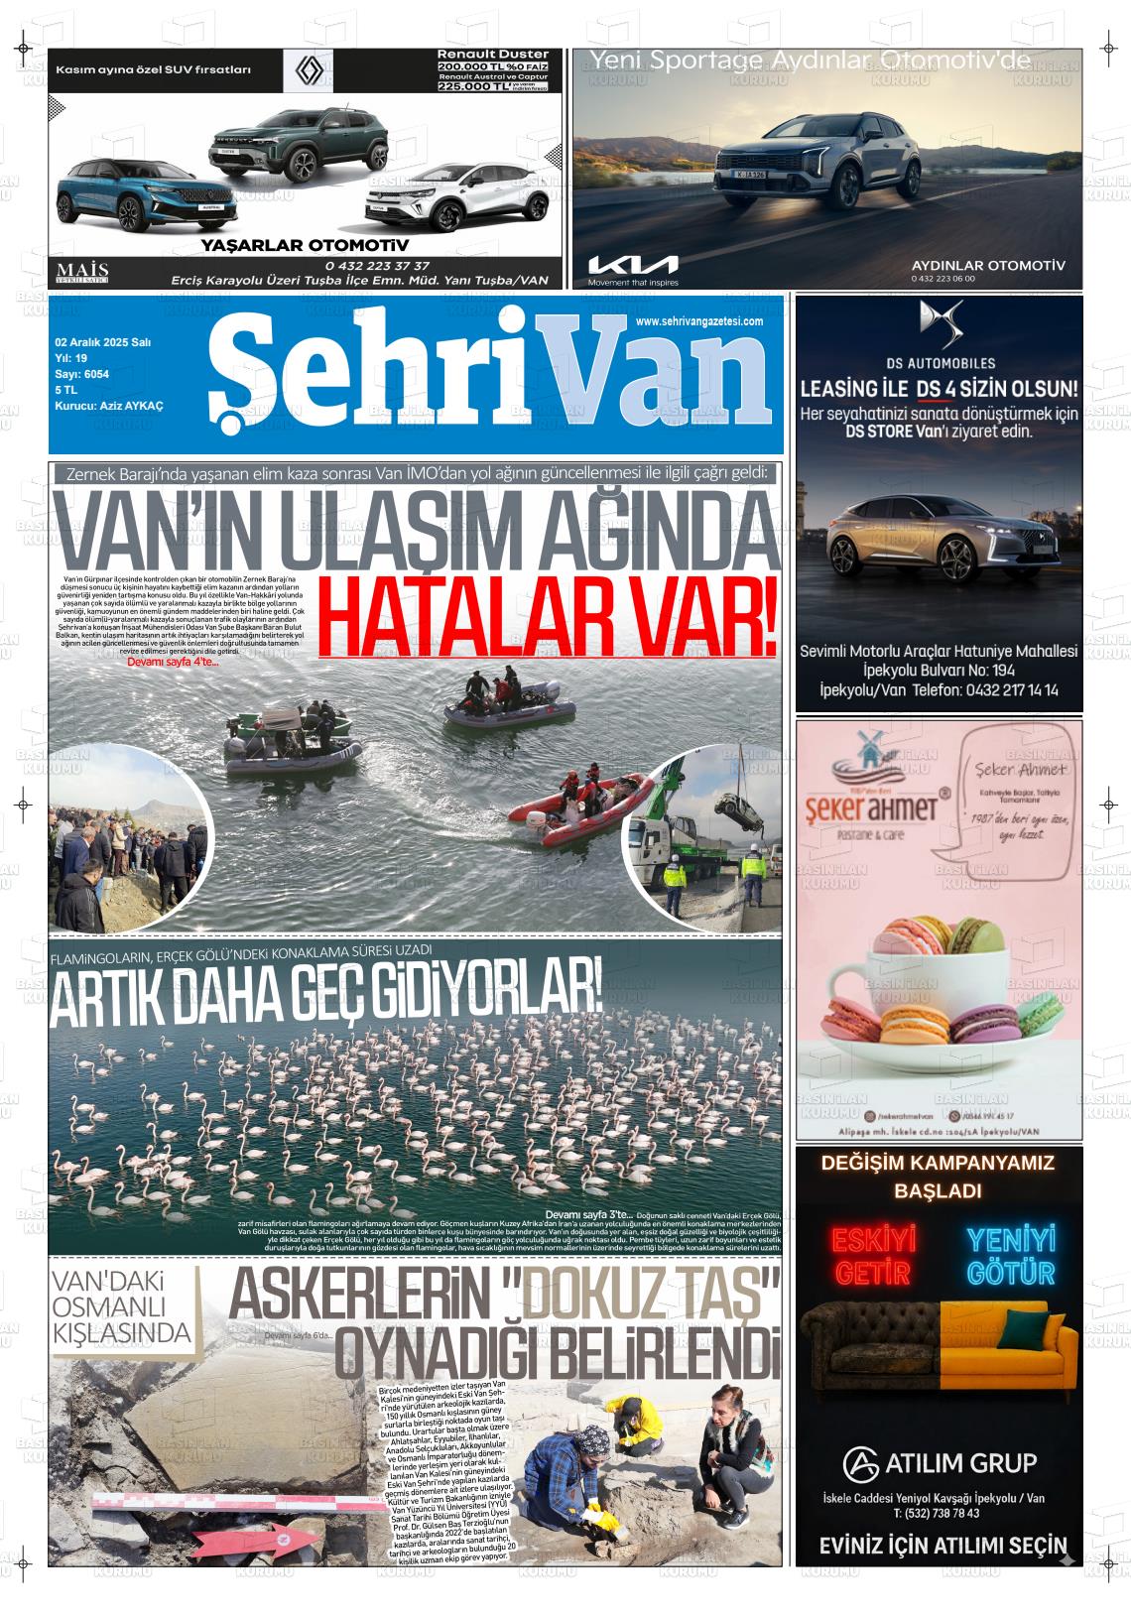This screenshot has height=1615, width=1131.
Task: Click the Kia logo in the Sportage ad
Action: point(633,264)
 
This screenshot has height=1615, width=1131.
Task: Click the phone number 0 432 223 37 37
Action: point(377,266)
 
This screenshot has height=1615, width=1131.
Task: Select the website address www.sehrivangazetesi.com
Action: point(698,321)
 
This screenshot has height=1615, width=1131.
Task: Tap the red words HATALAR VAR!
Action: point(548,621)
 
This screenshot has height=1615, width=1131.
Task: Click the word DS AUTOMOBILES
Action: point(940,363)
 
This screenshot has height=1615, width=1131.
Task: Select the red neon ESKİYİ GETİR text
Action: point(873,1255)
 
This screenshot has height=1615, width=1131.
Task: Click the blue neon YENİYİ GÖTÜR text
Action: point(1010,1255)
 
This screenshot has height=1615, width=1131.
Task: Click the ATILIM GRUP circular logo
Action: point(860,1462)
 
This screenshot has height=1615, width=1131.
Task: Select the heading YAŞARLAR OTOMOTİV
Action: point(305,245)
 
